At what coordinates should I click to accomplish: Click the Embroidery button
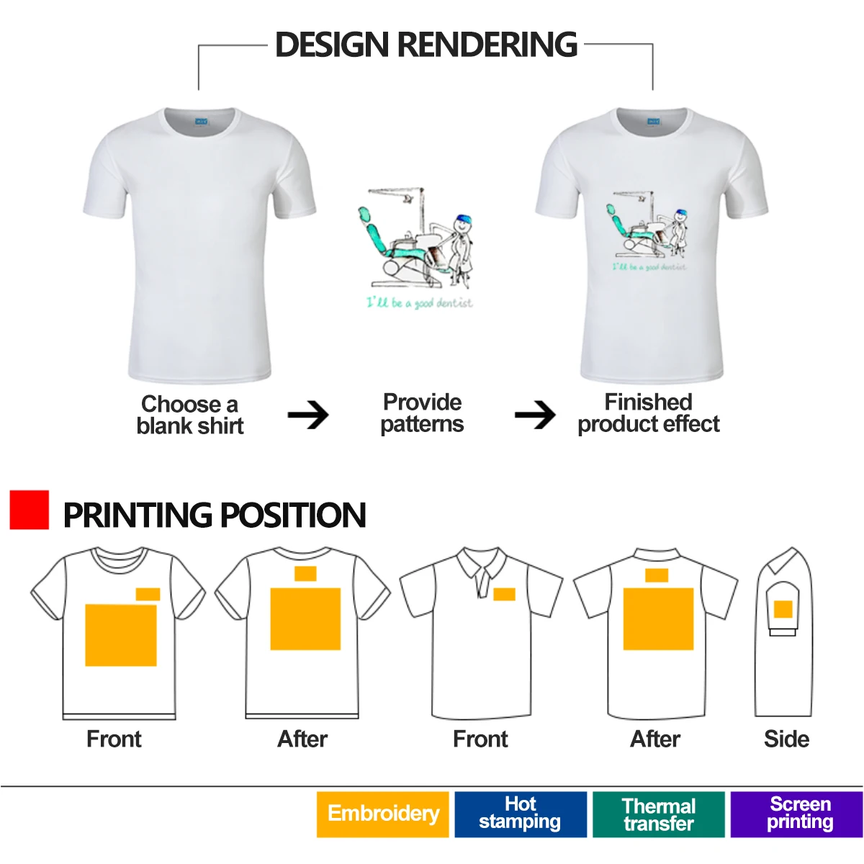pyautogui.click(x=382, y=814)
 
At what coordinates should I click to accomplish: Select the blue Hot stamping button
pyautogui.click(x=520, y=814)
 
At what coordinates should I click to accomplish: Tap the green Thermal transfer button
pyautogui.click(x=658, y=814)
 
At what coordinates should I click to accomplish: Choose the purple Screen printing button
pyautogui.click(x=796, y=814)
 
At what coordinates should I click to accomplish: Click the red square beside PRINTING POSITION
pyautogui.click(x=30, y=510)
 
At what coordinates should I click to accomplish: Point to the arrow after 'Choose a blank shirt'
pyautogui.click(x=308, y=415)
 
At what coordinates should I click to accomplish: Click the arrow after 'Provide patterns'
pyautogui.click(x=535, y=415)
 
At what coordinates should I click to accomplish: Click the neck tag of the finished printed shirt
pyautogui.click(x=654, y=122)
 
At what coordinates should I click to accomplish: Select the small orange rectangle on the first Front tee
pyautogui.click(x=148, y=594)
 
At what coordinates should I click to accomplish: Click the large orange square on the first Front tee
pyautogui.click(x=121, y=635)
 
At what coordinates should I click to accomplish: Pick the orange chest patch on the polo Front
pyautogui.click(x=504, y=595)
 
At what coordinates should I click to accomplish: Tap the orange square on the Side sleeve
pyautogui.click(x=783, y=610)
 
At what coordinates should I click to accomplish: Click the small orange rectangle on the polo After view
pyautogui.click(x=657, y=575)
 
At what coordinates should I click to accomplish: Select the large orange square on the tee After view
pyautogui.click(x=305, y=619)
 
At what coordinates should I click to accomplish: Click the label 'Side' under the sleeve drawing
pyautogui.click(x=786, y=739)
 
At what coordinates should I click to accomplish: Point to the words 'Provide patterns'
pyautogui.click(x=422, y=413)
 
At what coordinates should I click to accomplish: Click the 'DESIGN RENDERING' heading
pyautogui.click(x=426, y=45)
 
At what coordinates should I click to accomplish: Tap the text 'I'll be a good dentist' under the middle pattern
pyautogui.click(x=420, y=302)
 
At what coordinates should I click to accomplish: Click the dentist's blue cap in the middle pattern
pyautogui.click(x=462, y=218)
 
